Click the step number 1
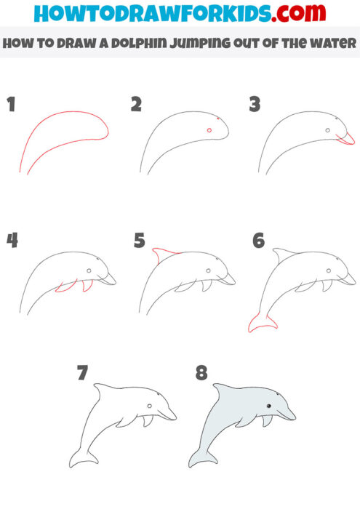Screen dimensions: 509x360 11,105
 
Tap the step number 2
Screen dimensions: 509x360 135,105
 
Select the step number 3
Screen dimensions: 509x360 255,105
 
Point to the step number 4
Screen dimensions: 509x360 12,241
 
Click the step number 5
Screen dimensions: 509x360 139,241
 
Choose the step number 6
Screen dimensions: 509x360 258,241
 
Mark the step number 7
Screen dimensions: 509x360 82,374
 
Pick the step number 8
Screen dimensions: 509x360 201,374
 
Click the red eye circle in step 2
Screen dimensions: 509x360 209,130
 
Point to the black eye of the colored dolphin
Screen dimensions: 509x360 268,405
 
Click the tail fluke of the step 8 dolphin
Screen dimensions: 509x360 202,459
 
